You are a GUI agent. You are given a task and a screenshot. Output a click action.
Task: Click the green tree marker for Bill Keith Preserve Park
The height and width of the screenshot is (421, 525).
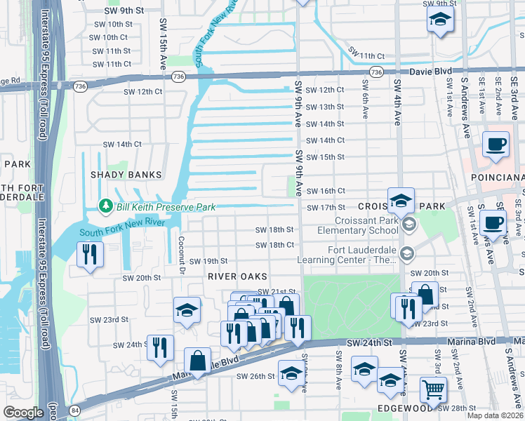click(x=106, y=206)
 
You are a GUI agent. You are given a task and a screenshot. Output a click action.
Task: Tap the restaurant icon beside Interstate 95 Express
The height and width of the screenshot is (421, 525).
click(x=90, y=254)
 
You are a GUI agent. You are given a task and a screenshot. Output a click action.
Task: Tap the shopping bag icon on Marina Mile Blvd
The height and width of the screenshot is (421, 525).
click(x=197, y=361)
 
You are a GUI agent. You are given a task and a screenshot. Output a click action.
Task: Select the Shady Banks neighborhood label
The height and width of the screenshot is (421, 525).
click(x=126, y=174)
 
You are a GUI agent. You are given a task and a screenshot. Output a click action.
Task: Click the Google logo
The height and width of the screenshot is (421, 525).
click(x=22, y=413)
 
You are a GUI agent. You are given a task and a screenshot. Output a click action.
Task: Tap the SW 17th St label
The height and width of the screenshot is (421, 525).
click(x=326, y=207)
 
